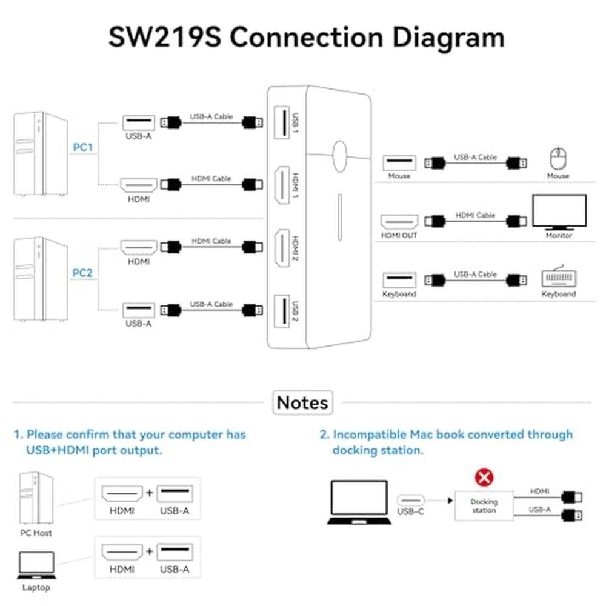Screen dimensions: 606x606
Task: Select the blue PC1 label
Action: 82,147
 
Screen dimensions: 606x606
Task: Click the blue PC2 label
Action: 82,273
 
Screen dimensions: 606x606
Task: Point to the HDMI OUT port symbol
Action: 399,220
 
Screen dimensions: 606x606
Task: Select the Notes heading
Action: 302,402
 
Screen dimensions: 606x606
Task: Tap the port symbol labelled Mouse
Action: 399,163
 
